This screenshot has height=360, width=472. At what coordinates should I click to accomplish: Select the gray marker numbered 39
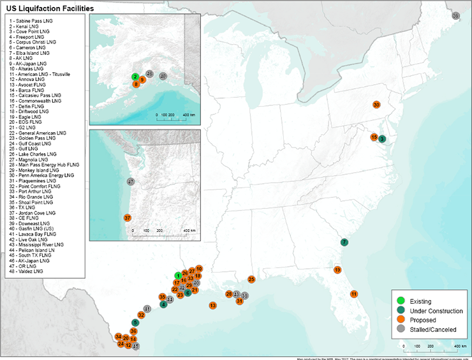[x=455, y=15]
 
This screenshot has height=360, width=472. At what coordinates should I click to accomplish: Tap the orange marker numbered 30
[x=376, y=105]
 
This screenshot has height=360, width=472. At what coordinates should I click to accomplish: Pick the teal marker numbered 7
[x=344, y=242]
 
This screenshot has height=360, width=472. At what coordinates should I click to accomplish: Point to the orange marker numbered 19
[x=337, y=270]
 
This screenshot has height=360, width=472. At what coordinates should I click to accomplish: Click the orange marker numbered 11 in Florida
[x=353, y=294]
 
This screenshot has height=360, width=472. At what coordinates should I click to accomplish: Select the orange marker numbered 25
[x=251, y=279]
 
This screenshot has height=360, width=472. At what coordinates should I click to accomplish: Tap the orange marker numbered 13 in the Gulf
[x=212, y=306]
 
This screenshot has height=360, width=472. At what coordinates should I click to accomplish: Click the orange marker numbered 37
[x=127, y=218]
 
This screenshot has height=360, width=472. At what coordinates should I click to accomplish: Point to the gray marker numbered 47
[x=130, y=182]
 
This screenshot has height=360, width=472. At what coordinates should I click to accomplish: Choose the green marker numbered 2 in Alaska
[x=136, y=77]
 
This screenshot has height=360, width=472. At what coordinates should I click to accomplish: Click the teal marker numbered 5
[x=135, y=322]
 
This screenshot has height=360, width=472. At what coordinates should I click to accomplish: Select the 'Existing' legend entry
[x=420, y=301]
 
